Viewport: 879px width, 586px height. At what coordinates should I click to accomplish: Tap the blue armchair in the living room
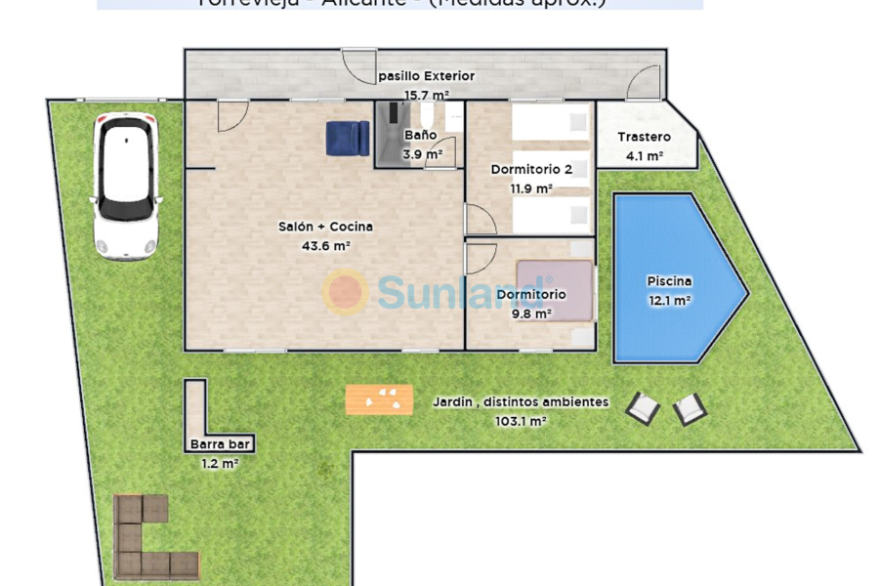(347, 138)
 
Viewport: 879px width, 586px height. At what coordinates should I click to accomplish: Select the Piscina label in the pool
(669, 281)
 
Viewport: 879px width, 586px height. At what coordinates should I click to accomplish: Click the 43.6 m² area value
(326, 246)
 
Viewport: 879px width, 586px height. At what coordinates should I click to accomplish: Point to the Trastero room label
(645, 137)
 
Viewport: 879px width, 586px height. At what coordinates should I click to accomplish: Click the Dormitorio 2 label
(531, 169)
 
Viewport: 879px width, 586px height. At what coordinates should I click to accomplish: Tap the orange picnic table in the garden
(379, 398)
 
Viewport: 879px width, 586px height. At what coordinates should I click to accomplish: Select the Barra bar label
(221, 444)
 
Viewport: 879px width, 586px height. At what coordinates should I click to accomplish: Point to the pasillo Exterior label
(426, 75)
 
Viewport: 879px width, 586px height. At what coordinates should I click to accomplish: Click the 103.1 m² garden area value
(521, 421)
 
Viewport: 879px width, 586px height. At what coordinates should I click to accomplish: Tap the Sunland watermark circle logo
(345, 291)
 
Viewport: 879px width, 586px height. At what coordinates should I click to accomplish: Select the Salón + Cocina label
(325, 227)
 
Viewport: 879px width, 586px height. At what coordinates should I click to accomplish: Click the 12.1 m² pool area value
(670, 301)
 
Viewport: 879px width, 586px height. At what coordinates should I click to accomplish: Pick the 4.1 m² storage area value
(645, 155)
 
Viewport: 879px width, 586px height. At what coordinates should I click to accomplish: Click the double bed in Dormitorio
(555, 289)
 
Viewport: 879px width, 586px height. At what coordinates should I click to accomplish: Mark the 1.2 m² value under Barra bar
(220, 464)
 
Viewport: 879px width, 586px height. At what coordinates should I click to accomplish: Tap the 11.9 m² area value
(531, 188)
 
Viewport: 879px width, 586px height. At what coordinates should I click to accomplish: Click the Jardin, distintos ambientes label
(521, 401)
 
